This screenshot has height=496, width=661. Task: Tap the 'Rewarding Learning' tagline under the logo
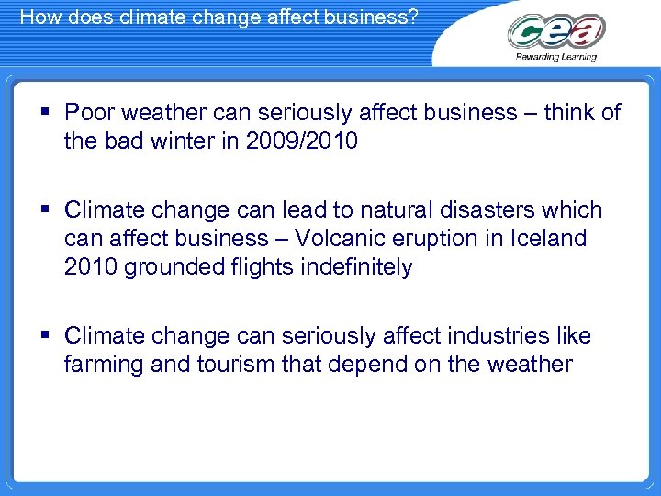click(x=556, y=57)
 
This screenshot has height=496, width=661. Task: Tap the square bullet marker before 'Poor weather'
click(x=47, y=112)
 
